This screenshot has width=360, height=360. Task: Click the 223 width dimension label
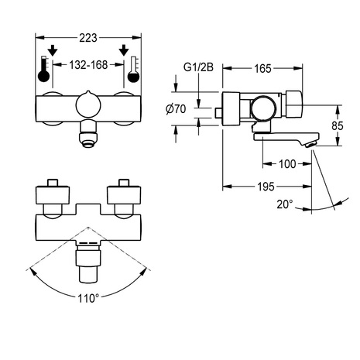(88, 38)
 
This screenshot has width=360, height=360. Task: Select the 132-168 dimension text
(88, 65)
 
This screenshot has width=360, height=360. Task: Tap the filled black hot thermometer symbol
(43, 69)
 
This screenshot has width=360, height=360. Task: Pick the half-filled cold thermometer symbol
(133, 69)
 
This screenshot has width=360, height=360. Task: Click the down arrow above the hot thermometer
(53, 50)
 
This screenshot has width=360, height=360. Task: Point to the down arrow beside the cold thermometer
(124, 50)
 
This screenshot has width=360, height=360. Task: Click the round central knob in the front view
(88, 105)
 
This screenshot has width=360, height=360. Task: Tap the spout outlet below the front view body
(88, 135)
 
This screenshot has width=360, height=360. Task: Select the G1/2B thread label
(198, 67)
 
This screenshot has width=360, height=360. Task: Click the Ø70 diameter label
(176, 109)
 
